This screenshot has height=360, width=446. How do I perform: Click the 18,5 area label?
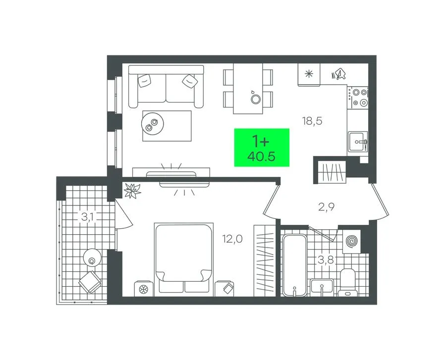(x=312, y=121)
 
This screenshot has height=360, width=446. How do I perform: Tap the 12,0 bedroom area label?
(x=232, y=239)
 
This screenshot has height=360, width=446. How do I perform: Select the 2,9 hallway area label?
(x=326, y=207)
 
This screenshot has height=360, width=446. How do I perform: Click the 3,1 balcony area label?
(x=89, y=217)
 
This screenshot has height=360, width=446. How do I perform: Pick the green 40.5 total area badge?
(x=262, y=148)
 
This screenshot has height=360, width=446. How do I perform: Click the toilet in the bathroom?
(x=347, y=282)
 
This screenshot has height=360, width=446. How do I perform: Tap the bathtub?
(x=295, y=265)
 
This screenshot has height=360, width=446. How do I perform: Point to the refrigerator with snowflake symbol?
(x=309, y=74)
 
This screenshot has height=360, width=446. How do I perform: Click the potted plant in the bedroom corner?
(x=132, y=190)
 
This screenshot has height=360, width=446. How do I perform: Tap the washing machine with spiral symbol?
(x=352, y=242)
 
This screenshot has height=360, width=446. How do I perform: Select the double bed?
(x=184, y=259)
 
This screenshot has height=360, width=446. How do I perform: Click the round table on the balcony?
(x=92, y=257)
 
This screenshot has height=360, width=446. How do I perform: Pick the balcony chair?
(x=90, y=282)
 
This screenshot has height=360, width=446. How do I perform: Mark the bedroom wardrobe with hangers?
(x=265, y=261)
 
